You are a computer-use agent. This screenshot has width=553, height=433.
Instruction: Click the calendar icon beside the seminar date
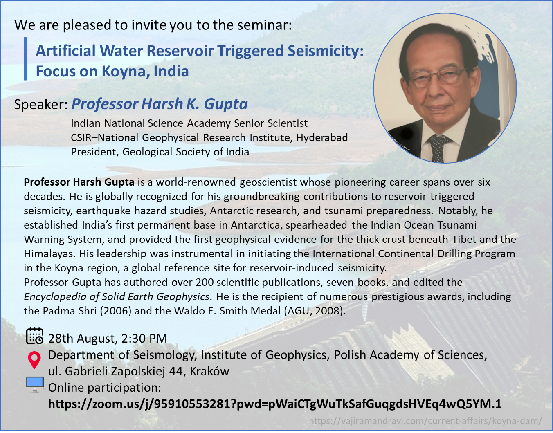(x=35, y=336)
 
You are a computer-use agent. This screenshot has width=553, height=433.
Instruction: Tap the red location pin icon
(x=34, y=360)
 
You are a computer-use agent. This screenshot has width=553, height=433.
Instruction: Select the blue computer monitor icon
(x=35, y=385)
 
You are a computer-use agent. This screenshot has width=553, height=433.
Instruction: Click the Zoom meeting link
(x=275, y=404)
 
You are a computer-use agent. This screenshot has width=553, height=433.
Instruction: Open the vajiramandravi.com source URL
(x=425, y=421)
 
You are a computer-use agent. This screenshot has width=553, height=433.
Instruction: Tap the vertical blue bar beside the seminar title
(x=25, y=58)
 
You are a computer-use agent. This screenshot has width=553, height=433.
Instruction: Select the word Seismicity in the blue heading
(x=326, y=51)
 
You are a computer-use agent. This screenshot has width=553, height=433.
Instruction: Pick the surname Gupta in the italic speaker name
(x=226, y=104)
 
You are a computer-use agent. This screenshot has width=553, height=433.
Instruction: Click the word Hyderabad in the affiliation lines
(x=322, y=138)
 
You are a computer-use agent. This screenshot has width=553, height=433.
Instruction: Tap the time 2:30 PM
(x=144, y=339)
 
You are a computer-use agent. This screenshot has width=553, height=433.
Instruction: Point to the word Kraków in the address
(x=209, y=371)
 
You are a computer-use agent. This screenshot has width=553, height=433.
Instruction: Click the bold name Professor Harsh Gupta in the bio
(x=79, y=182)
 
